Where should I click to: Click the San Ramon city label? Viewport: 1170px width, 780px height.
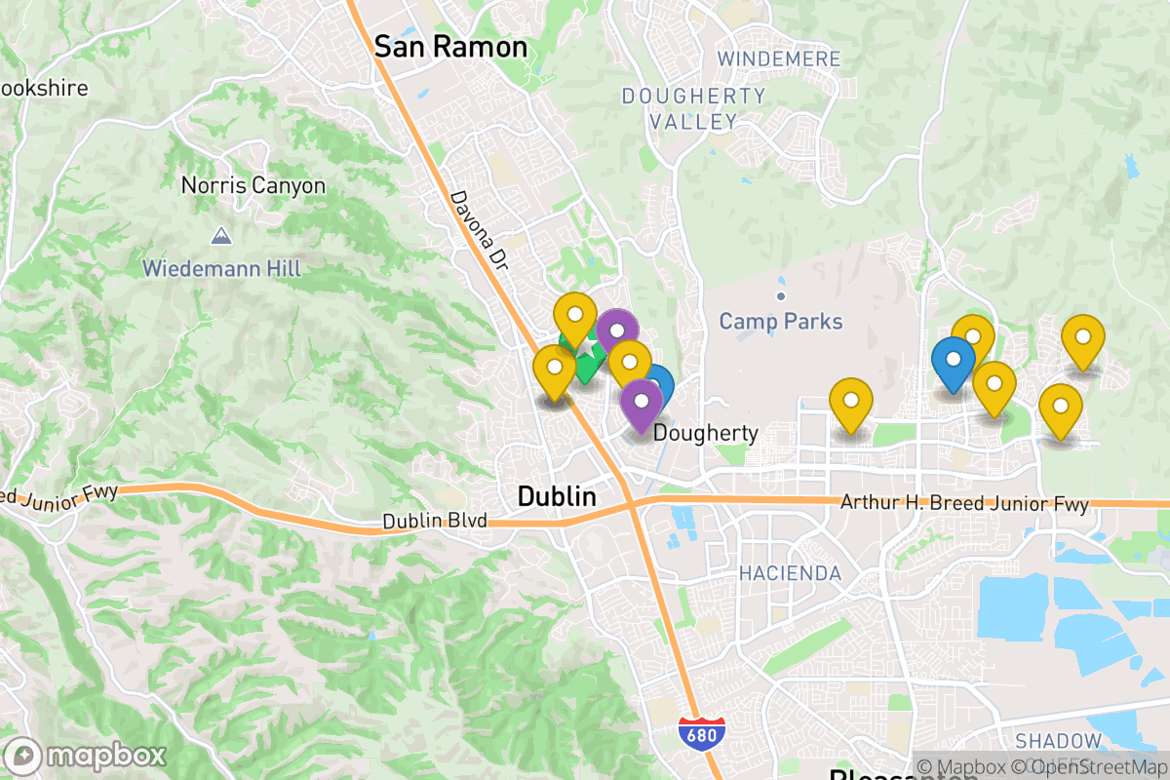point(450,47)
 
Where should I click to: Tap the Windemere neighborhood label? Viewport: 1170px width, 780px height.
point(778,59)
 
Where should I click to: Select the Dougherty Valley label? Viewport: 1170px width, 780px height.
point(693,108)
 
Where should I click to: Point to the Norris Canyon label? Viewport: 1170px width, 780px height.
point(253,185)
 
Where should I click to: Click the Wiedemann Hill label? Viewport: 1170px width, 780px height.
point(221,268)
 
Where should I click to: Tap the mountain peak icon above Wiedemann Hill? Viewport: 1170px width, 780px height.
point(221,235)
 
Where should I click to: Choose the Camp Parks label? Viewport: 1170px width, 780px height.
point(780,321)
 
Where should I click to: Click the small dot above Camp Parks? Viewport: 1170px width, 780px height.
point(781,295)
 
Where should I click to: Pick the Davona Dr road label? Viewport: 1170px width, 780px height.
point(480,230)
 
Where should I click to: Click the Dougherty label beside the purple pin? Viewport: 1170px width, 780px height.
point(705,432)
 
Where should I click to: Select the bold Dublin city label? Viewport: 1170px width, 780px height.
point(556,496)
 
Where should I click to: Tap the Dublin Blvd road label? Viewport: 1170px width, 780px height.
point(435,522)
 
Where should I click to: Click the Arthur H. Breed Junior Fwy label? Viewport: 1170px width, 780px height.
point(963,504)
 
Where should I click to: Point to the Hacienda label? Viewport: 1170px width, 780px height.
point(789,573)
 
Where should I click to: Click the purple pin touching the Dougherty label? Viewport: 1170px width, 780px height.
point(641,403)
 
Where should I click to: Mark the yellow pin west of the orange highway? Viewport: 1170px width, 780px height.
point(554,370)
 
